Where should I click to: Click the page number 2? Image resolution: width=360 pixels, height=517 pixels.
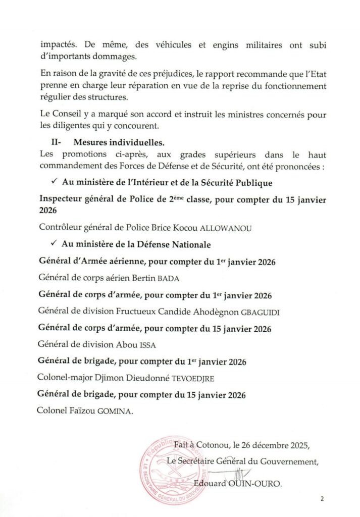pyautogui.click(x=322, y=499)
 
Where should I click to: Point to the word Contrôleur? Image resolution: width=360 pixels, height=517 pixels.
pyautogui.click(x=59, y=228)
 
